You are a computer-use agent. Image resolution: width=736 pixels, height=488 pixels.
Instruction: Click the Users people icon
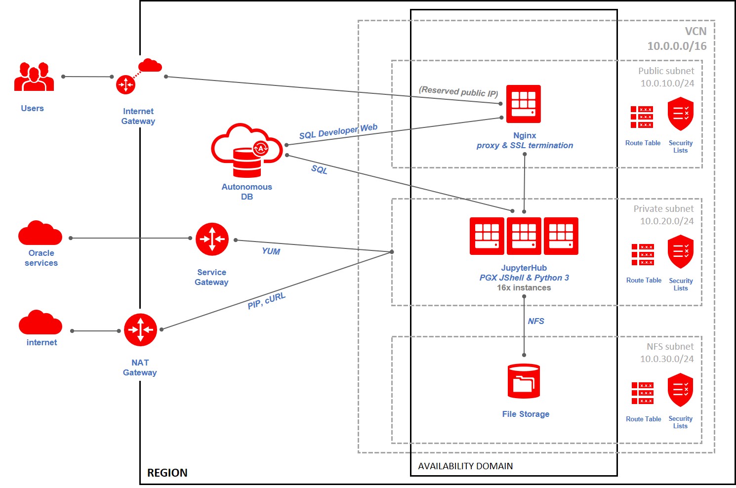pyautogui.click(x=34, y=76)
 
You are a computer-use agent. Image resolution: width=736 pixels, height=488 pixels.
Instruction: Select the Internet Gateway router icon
pyautogui.click(x=125, y=84)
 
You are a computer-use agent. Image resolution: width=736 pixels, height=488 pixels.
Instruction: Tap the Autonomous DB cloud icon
pyautogui.click(x=247, y=150)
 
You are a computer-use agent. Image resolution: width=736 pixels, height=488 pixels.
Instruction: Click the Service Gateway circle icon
pyautogui.click(x=212, y=239)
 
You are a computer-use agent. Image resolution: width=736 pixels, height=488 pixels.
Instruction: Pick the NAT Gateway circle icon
pyautogui.click(x=140, y=329)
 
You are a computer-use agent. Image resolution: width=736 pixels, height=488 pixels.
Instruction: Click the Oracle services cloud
pyautogui.click(x=40, y=233)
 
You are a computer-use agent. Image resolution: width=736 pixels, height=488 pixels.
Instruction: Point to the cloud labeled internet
pyautogui.click(x=41, y=322)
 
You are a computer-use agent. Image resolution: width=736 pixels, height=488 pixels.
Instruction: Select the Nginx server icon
pyautogui.click(x=524, y=104)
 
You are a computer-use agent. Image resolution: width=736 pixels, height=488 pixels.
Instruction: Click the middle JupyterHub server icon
pyautogui.click(x=524, y=236)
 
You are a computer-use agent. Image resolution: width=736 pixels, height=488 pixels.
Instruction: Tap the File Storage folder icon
pyautogui.click(x=524, y=381)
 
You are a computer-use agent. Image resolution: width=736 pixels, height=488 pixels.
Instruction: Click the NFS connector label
pyautogui.click(x=536, y=321)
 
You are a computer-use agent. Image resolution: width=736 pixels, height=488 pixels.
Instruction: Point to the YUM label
pyautogui.click(x=271, y=251)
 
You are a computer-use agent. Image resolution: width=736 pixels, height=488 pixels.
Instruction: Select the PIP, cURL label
pyautogui.click(x=266, y=301)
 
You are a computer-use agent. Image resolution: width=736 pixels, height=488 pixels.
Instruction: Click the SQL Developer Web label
pyautogui.click(x=338, y=131)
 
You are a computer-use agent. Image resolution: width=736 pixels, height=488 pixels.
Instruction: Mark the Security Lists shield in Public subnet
pyautogui.click(x=681, y=114)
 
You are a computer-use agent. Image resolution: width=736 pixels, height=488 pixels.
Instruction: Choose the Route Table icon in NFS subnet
pyautogui.click(x=642, y=393)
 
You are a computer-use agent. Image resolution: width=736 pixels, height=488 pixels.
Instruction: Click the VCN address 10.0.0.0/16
pyautogui.click(x=677, y=46)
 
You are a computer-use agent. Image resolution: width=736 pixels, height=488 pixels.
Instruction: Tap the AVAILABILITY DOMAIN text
pyautogui.click(x=465, y=466)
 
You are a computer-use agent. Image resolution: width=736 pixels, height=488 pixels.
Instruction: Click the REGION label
pyautogui.click(x=167, y=473)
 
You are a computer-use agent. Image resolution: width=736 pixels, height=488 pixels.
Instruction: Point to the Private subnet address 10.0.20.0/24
pyautogui.click(x=667, y=221)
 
